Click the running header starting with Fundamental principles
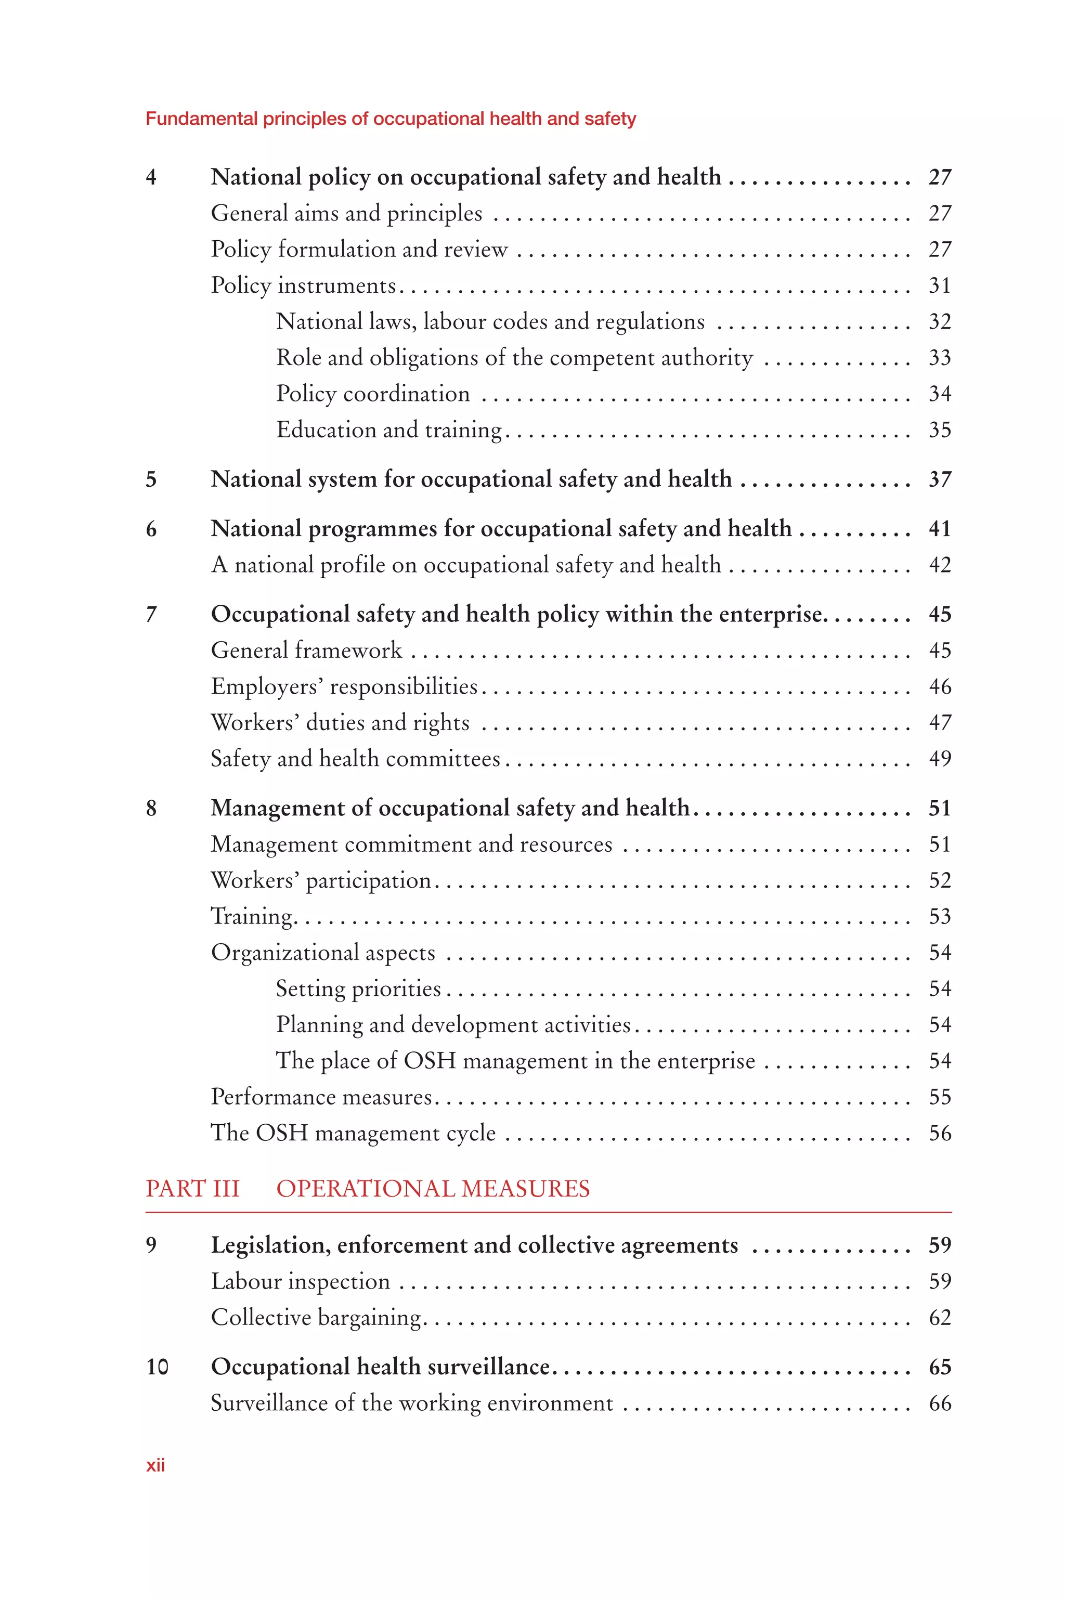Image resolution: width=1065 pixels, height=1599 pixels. pos(391,119)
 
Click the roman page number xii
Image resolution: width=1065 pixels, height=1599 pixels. pos(155,1465)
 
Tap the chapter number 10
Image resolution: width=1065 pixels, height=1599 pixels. pos(157,1367)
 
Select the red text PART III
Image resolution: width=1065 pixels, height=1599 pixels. pos(192,1189)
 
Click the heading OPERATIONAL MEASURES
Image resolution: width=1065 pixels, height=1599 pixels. pos(433,1189)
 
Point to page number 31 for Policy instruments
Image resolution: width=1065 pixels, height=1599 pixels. pos(939,285)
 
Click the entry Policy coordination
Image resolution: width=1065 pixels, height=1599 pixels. pos(372,394)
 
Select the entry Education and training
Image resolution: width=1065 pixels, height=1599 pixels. pos(388,430)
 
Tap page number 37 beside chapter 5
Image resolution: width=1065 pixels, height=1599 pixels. pos(939,479)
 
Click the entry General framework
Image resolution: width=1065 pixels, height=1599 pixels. pos(306,651)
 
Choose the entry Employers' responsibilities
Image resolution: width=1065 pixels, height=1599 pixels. pos(344,686)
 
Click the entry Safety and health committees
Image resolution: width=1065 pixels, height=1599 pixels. pos(355,759)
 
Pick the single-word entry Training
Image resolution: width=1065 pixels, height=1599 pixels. pos(252,917)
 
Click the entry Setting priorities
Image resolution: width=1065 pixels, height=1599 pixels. pos(358,989)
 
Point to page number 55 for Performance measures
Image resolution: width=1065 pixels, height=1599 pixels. pos(939,1097)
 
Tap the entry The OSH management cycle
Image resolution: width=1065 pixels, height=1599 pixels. pos(353,1133)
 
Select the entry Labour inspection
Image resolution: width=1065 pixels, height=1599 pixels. pos(300,1281)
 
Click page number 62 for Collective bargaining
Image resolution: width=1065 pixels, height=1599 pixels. pos(939,1317)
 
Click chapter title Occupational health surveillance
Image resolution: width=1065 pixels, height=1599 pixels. pos(380,1367)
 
